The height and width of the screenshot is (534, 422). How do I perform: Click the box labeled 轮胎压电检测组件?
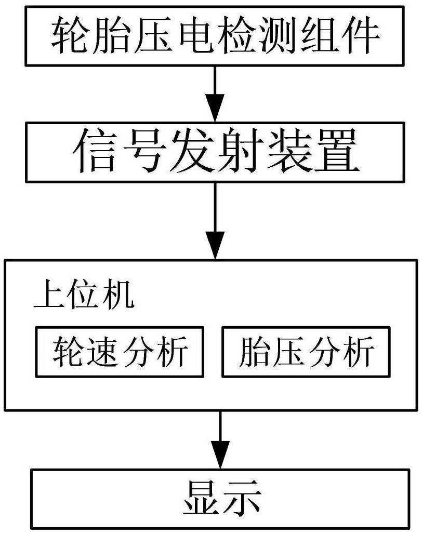click(215, 35)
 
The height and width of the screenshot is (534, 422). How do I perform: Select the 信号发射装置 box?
click(215, 152)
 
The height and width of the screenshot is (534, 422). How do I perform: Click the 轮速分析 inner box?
click(120, 352)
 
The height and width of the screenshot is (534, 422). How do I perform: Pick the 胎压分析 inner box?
click(306, 352)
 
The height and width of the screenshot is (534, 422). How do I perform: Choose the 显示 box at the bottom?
click(220, 499)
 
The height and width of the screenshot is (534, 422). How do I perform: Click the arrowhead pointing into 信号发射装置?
click(215, 108)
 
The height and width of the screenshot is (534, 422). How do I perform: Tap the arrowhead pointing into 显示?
click(220, 455)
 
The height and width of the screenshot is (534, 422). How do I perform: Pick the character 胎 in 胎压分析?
click(254, 352)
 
